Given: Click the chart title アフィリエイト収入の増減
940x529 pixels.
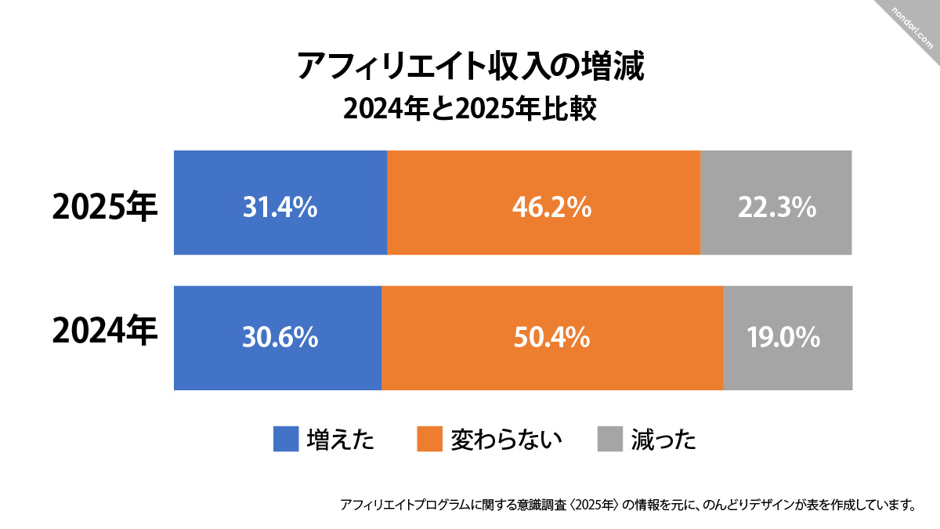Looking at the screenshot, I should [470, 67].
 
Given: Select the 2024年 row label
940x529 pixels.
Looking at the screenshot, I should [105, 333].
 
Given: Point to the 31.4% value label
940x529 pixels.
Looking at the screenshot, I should [280, 208].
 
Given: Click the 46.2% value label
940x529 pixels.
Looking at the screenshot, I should [551, 208].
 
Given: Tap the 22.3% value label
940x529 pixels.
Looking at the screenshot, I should [777, 208].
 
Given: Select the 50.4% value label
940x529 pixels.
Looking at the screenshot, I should [551, 338].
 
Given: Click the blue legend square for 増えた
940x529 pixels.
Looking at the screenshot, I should [286, 439].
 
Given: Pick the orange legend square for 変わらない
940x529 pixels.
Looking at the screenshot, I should [430, 439].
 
